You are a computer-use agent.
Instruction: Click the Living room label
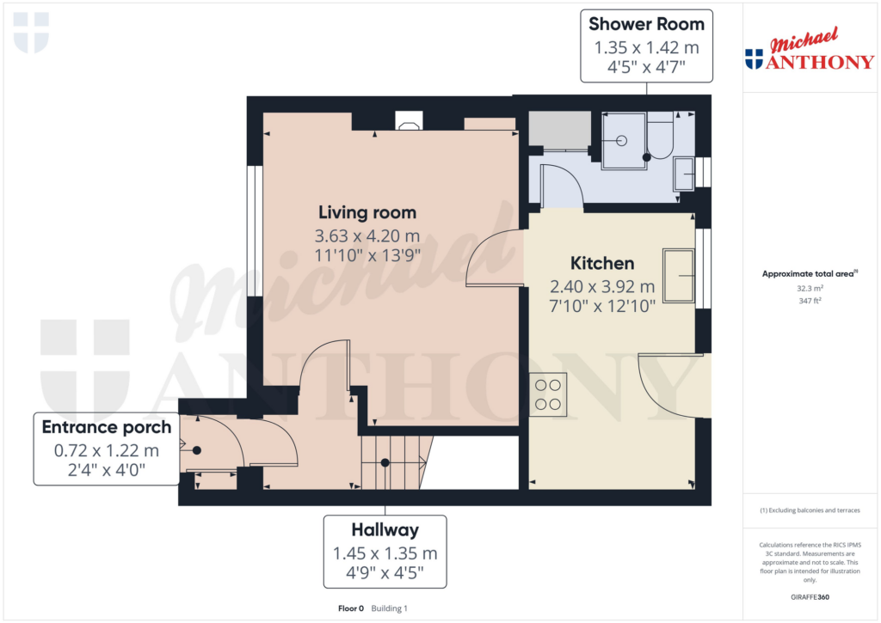pos(367,212)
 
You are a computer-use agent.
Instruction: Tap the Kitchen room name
pos(602,263)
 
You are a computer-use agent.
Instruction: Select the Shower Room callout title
pos(646,24)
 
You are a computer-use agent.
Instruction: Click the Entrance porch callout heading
pos(107,427)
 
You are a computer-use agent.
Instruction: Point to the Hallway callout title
pos(385,530)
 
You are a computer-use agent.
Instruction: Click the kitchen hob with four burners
pos(547,394)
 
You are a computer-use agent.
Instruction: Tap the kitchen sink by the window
pos(679,276)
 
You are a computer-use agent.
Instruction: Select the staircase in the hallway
pos(394,461)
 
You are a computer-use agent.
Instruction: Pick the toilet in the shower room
pos(660,137)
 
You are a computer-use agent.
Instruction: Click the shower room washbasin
pos(685,174)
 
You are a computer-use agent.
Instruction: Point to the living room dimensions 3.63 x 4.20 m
pos(367,235)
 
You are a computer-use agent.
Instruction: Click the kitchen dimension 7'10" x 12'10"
pos(602,304)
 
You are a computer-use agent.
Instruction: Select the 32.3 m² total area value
pos(809,290)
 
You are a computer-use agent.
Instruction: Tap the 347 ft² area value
pos(809,302)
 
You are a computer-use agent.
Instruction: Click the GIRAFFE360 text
pos(809,597)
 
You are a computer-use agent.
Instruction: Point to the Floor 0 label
pos(351,608)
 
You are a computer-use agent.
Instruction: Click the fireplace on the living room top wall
pos(409,122)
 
